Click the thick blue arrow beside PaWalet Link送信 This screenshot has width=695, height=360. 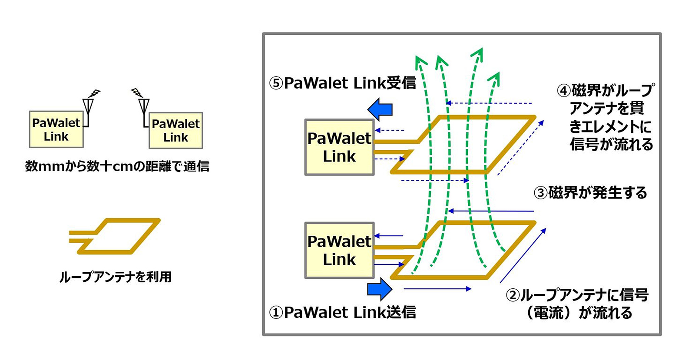(x=380, y=289)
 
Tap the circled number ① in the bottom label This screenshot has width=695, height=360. (x=276, y=313)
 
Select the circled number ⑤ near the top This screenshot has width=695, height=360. (x=276, y=83)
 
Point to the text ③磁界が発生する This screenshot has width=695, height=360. (x=590, y=192)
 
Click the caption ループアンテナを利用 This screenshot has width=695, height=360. (x=116, y=277)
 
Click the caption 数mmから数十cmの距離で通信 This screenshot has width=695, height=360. (x=117, y=166)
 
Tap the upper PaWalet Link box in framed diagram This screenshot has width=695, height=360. (x=339, y=147)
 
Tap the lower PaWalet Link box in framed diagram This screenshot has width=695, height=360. (x=339, y=251)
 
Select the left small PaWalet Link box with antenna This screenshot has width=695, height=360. (x=56, y=129)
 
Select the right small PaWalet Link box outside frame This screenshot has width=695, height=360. (x=175, y=130)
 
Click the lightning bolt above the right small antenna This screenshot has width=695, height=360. (x=137, y=92)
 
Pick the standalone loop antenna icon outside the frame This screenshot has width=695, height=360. (x=115, y=236)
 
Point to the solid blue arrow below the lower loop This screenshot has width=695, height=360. (x=437, y=289)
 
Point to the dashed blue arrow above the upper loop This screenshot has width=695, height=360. (x=489, y=103)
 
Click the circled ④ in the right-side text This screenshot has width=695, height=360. (x=563, y=91)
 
